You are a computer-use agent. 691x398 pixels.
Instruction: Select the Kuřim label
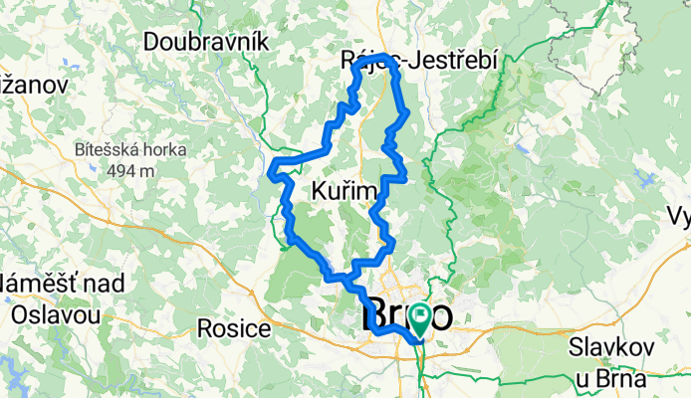tap(345, 190)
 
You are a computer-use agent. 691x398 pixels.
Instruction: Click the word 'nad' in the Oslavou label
tap(105, 285)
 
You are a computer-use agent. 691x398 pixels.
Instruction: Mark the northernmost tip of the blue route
tap(382, 55)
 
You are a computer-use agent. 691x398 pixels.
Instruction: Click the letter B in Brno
tap(371, 316)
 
